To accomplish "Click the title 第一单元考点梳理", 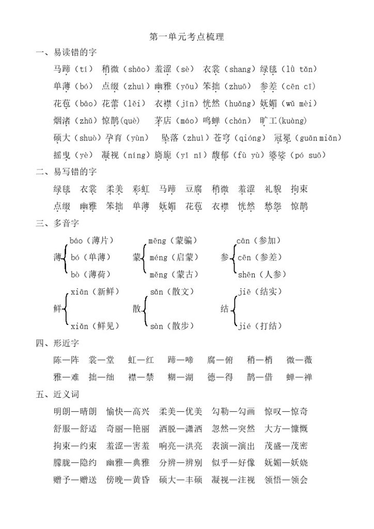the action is (186, 37).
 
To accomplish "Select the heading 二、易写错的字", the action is (67, 172).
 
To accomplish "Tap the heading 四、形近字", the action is (58, 343).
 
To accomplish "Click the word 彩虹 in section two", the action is (141, 189).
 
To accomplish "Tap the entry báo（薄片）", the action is (91, 240).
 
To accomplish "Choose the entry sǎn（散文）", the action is (173, 292).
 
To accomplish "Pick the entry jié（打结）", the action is (260, 326).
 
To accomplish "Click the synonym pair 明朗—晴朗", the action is (75, 412).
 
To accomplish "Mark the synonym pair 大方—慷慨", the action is (286, 429).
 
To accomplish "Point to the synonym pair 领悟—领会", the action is (286, 480).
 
